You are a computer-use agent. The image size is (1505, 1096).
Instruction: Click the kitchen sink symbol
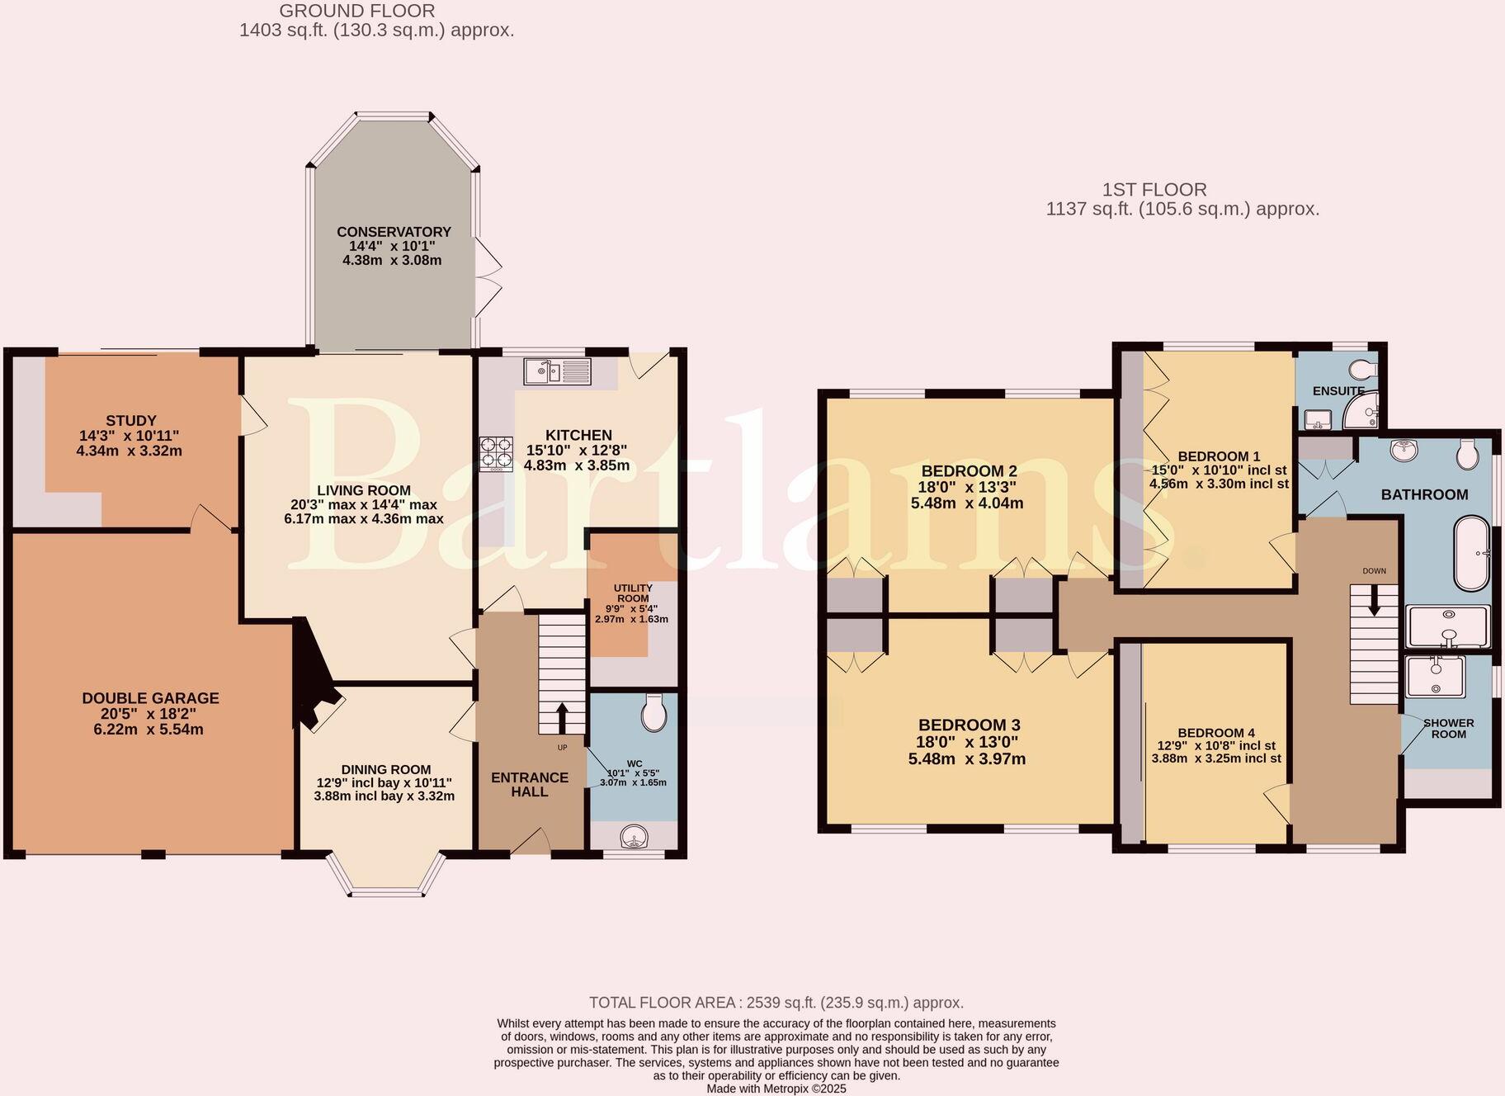coord(557,371)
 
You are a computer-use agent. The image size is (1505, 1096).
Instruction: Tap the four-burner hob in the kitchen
coord(496,453)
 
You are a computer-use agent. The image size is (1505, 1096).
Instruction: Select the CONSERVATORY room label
coord(394,232)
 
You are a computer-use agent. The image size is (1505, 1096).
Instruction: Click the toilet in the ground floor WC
coord(654,713)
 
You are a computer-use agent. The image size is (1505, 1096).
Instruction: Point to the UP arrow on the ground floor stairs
coord(562,717)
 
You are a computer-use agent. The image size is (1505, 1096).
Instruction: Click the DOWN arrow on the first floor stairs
coord(1374,600)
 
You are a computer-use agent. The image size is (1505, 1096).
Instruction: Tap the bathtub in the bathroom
coord(1471,553)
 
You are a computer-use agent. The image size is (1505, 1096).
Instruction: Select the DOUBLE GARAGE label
coord(150,698)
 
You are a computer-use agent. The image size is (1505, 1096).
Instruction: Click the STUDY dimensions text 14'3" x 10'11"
coord(129,436)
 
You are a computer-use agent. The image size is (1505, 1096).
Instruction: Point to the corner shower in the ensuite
coord(1364,411)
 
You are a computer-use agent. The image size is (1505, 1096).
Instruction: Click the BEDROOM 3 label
coord(969,725)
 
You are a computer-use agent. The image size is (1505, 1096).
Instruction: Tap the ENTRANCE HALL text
coord(530,784)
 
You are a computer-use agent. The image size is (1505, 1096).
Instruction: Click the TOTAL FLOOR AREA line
coord(776,1003)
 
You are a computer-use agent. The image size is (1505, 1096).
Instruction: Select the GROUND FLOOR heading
coord(356,11)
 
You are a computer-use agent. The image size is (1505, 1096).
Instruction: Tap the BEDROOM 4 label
coord(1216,733)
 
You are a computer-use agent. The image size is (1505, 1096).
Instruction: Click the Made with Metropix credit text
coord(776,1089)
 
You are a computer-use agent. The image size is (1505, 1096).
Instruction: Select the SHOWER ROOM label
coord(1448,728)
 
